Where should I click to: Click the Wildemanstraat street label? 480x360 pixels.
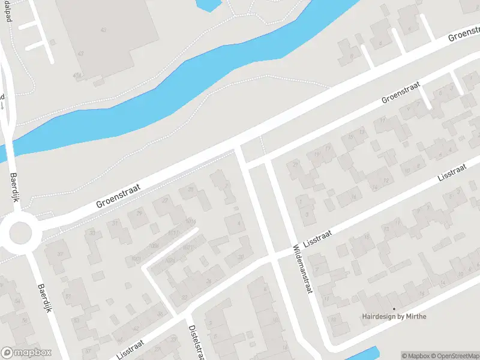pos(304,269)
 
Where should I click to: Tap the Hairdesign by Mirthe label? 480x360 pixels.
pos(394,316)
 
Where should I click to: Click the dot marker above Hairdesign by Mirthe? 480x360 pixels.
pos(394,309)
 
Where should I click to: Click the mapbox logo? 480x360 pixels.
pos(26,353)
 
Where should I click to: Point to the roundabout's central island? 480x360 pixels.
pos(20,232)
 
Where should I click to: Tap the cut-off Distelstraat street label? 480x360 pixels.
pos(194,341)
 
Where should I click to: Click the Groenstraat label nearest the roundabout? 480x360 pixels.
pos(118,196)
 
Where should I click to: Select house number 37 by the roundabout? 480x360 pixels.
pos(60,254)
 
